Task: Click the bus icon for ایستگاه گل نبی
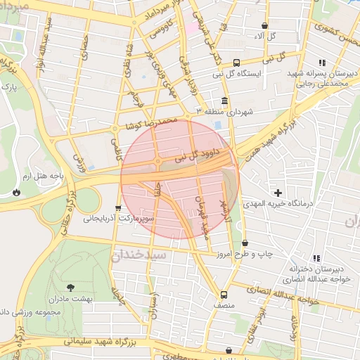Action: (236, 62)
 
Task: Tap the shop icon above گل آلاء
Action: (264, 25)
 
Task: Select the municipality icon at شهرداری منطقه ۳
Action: (224, 100)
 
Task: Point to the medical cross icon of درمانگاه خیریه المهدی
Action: (278, 192)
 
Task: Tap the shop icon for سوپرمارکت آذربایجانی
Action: (117, 208)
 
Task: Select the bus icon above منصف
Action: (224, 295)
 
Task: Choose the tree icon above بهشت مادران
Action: (70, 287)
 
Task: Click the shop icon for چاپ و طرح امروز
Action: (245, 242)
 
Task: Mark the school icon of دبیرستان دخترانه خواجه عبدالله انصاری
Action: (316, 259)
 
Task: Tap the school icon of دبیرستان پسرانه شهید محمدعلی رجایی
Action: (322, 63)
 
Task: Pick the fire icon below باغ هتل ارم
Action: (16, 191)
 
